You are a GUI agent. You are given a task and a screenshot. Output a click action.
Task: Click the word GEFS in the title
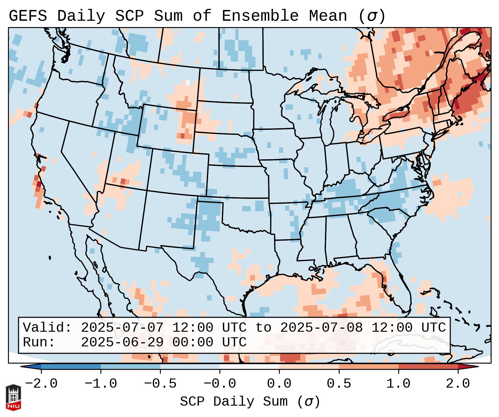click(28, 16)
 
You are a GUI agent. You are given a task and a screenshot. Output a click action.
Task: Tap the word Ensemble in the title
click(260, 16)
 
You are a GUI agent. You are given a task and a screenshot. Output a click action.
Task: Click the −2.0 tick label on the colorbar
click(41, 384)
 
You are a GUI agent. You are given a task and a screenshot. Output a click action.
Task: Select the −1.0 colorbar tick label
click(101, 384)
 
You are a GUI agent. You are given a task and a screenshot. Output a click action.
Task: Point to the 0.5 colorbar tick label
click(339, 384)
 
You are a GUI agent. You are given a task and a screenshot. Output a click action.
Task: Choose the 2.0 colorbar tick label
click(458, 384)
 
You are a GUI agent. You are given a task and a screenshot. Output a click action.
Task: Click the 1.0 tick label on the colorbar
click(398, 384)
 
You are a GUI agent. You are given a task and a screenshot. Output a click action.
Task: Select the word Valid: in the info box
click(47, 328)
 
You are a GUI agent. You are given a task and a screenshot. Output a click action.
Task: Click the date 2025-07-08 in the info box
click(321, 328)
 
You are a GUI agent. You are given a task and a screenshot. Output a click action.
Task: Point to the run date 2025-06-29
click(122, 342)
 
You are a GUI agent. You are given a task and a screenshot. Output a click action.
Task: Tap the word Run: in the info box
click(39, 342)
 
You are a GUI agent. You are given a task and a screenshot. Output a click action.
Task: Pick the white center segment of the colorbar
click(249, 367)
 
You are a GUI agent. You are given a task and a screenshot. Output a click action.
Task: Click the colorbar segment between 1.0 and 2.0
click(428, 367)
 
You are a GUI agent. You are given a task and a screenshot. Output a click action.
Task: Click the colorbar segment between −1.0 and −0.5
click(130, 367)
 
